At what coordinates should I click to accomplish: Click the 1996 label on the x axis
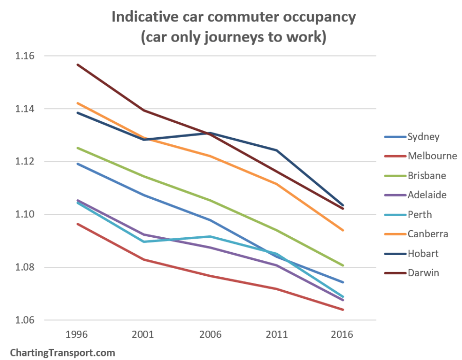(x=77, y=334)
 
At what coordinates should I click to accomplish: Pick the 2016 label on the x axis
(x=342, y=334)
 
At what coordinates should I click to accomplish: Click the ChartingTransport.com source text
(x=63, y=353)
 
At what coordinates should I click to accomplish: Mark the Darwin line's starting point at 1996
(x=77, y=65)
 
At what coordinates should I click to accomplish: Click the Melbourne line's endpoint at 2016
(x=342, y=310)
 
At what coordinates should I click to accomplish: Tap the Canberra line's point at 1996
(x=77, y=103)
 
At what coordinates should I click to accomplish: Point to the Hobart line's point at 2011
(x=276, y=150)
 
